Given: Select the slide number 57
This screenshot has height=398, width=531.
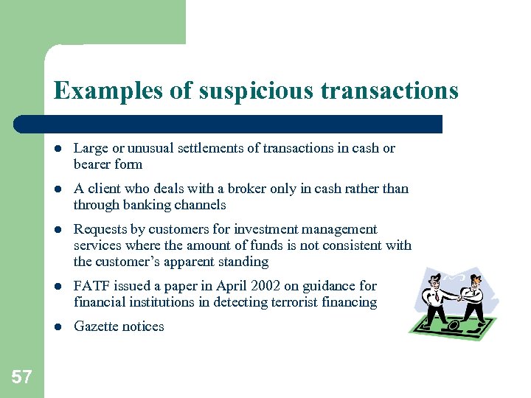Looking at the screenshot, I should tap(22, 378).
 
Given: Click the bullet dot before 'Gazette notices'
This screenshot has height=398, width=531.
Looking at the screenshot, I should tap(58, 327).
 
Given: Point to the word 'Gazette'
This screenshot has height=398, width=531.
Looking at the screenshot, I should tap(96, 327).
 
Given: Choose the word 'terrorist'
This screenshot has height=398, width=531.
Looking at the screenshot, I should tap(303, 302).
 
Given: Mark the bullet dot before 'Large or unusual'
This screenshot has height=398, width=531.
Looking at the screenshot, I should tap(58, 148).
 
